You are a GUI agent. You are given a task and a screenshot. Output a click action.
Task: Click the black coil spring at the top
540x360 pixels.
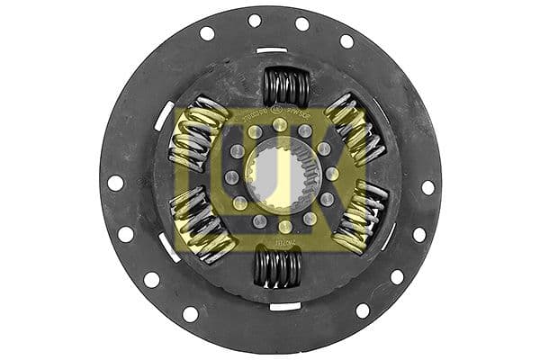[x=286, y=87]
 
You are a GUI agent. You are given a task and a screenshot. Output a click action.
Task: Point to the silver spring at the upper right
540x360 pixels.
[x=355, y=129]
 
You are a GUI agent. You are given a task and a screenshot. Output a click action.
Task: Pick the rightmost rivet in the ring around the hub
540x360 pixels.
[x=331, y=174]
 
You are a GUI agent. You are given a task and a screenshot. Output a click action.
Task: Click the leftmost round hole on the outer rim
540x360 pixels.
[x=115, y=183]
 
